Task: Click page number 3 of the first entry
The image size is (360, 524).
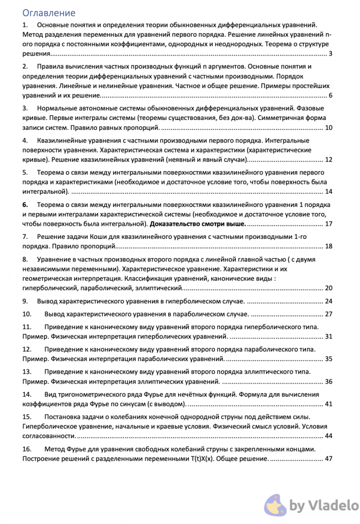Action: pyautogui.click(x=330, y=53)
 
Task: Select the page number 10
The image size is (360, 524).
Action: pyautogui.click(x=329, y=127)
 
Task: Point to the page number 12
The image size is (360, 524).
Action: pyautogui.click(x=329, y=159)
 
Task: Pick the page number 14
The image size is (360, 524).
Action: pyautogui.click(x=329, y=191)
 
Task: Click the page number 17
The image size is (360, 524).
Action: pyautogui.click(x=329, y=224)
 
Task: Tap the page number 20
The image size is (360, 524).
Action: pyautogui.click(x=329, y=288)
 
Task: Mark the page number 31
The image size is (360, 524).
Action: pyautogui.click(x=329, y=336)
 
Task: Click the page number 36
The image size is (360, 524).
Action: pyautogui.click(x=329, y=381)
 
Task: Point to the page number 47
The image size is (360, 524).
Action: pyautogui.click(x=329, y=458)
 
